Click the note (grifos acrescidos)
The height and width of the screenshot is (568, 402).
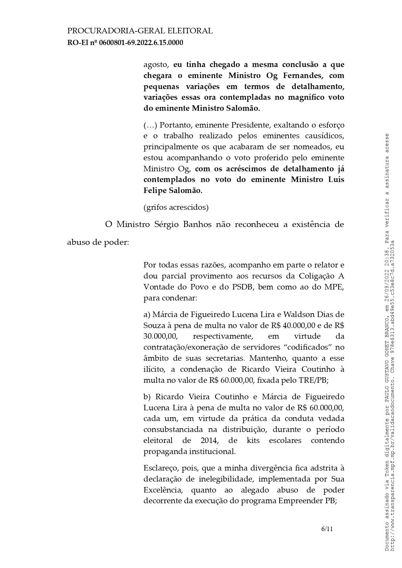click(176, 207)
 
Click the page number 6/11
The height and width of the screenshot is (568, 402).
click(327, 529)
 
